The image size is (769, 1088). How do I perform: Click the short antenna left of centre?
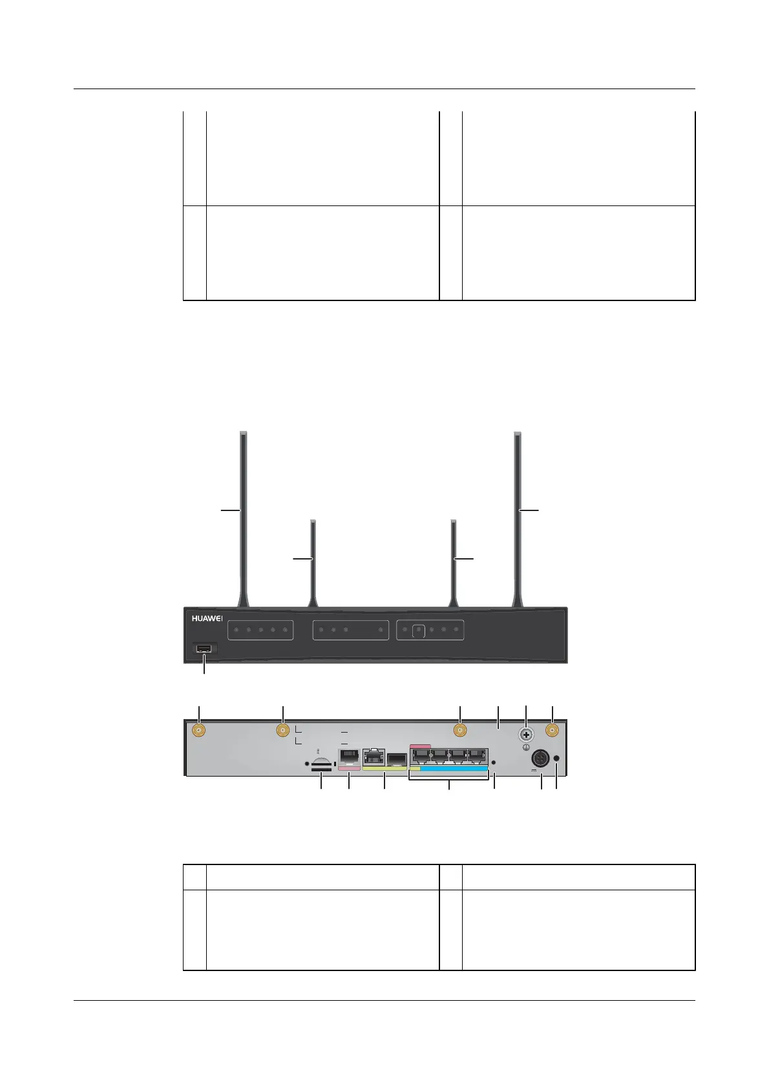click(313, 559)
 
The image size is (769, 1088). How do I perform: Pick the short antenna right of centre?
click(454, 559)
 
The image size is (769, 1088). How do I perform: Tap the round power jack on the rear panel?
click(540, 758)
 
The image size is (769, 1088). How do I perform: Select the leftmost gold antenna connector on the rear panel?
click(198, 731)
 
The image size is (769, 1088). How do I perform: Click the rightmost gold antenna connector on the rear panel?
click(553, 731)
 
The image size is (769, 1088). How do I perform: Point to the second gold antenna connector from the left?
click(282, 731)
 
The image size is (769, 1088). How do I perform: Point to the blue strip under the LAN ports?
click(454, 768)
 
